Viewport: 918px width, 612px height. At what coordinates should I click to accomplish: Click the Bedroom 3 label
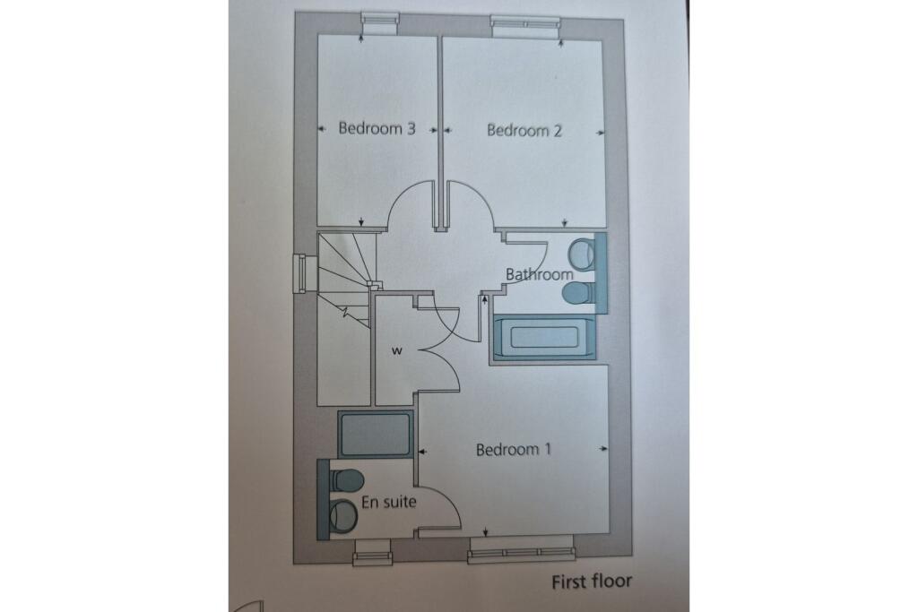click(x=377, y=128)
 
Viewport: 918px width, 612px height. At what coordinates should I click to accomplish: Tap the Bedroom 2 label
click(x=524, y=130)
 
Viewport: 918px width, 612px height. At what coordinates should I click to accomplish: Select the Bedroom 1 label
click(x=514, y=449)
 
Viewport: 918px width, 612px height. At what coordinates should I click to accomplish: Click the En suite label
click(x=388, y=503)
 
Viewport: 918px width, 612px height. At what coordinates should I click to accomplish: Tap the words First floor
click(x=592, y=582)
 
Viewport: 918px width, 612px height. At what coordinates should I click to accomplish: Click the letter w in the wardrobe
click(x=395, y=350)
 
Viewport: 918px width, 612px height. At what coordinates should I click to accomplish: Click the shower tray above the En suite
click(x=375, y=435)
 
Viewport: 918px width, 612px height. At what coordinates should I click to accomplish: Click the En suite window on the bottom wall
click(x=375, y=552)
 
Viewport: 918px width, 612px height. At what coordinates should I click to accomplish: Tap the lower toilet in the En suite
click(x=343, y=514)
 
